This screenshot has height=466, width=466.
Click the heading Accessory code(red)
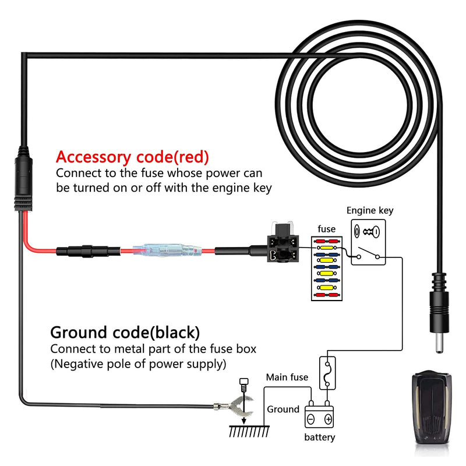132,157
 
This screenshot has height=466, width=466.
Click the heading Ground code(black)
125,332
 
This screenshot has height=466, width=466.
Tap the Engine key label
370,210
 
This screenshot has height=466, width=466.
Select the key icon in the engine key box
371,231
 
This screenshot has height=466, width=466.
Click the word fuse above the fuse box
326,229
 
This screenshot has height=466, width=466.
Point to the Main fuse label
287,377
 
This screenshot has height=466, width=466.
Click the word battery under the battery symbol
319,437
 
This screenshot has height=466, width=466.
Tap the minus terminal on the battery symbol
311,419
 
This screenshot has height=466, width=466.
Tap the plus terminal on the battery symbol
328,419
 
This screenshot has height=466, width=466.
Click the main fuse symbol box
327,373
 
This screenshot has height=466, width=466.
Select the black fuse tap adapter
283,243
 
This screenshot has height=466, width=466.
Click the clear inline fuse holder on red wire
168,251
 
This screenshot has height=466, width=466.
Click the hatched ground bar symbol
249,431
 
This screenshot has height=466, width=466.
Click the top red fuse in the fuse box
327,241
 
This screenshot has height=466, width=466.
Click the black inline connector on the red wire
89,252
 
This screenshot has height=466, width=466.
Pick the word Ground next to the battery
283,409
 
